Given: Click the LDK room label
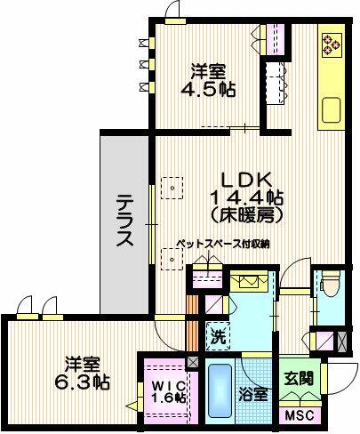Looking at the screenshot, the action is click(246, 180).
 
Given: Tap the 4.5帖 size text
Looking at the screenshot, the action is click(208, 89).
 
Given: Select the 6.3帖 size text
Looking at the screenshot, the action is click(83, 382).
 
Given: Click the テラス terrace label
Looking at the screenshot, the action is click(124, 221).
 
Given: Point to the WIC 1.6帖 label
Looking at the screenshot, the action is click(170, 392).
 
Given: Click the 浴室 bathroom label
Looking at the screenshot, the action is click(253, 394).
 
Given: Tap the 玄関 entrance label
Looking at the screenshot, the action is click(299, 378).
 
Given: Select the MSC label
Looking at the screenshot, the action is click(300, 415).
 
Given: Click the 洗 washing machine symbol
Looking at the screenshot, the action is click(218, 336).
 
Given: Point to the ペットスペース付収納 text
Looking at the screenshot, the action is click(223, 244).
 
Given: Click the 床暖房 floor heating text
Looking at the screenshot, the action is click(246, 216).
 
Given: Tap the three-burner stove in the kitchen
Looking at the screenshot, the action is click(332, 44).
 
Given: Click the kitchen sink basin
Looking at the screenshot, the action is click(332, 110).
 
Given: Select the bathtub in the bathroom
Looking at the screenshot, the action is click(220, 390).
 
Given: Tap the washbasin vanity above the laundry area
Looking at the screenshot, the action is click(250, 281).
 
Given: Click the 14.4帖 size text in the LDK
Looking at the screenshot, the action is click(246, 197).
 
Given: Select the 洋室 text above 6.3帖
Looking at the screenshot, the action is click(83, 365).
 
